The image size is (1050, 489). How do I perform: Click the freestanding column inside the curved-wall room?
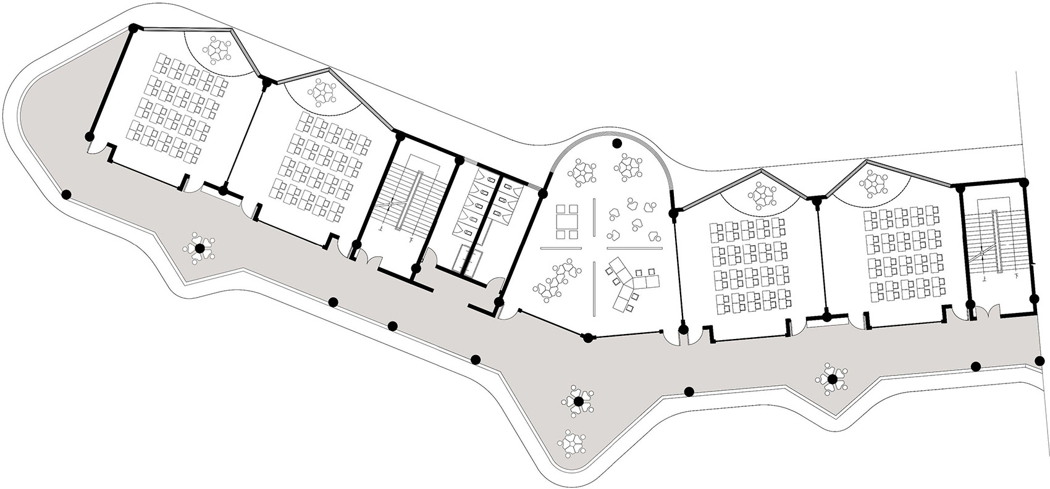pos(616,144)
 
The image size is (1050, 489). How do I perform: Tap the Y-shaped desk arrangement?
pos(632,283)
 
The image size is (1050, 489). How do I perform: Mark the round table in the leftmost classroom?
pos(219,49)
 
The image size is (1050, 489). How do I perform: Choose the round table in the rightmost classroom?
pos(873,183)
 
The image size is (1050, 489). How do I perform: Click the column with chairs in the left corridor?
pos(199,249)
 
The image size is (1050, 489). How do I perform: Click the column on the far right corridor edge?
pos(1041,361)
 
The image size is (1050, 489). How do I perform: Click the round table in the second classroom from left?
pos(321,91)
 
